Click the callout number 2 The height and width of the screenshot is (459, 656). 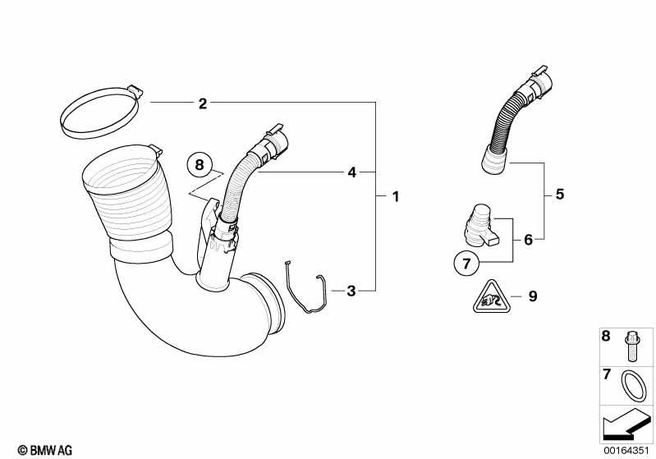(203, 103)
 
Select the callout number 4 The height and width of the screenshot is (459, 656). (352, 172)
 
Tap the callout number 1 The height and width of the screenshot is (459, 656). (396, 196)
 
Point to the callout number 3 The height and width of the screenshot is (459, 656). (351, 291)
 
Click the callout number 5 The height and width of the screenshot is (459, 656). (560, 195)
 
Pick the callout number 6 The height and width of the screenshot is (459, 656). (529, 240)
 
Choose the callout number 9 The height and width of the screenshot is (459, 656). (533, 296)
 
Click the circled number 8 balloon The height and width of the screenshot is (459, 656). (200, 164)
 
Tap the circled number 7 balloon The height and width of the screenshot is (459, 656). (466, 264)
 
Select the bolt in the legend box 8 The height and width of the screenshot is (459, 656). (631, 346)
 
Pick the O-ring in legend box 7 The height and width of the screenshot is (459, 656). (633, 386)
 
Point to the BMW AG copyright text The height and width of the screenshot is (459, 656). (45, 450)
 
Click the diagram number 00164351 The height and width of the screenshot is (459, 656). (626, 450)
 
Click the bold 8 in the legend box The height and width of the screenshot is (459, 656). (606, 336)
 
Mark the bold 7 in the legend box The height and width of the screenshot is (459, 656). (606, 374)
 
